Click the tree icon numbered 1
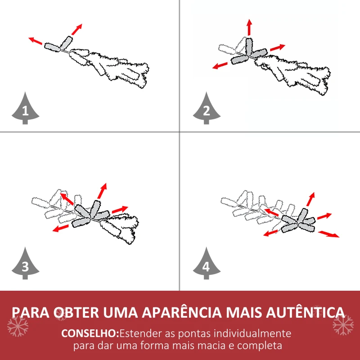[25, 109]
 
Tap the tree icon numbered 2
[206, 109]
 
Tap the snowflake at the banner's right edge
[343, 324]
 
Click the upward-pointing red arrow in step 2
[249, 27]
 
